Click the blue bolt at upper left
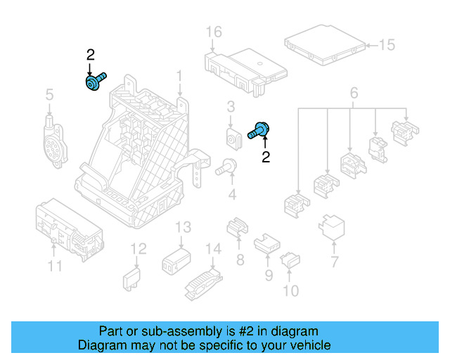[94, 82]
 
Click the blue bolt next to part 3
[260, 130]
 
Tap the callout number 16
[214, 32]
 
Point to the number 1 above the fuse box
[179, 75]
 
